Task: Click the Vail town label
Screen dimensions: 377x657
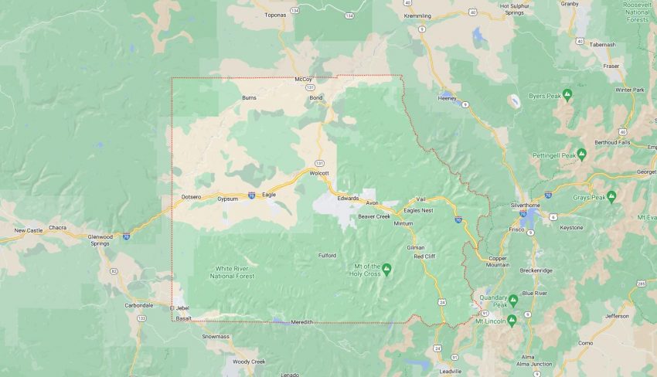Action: pos(421,199)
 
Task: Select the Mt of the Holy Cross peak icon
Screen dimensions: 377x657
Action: pos(387,268)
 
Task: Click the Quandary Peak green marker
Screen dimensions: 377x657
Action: pos(512,299)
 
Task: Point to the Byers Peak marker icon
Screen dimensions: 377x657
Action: pos(567,95)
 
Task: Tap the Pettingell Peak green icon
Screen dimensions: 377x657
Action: pos(581,155)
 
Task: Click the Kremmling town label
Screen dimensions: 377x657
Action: pos(417,15)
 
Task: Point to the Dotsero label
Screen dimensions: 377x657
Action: pos(191,197)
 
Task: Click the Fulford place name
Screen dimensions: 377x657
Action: pos(328,255)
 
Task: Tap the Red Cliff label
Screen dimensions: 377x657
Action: pos(425,256)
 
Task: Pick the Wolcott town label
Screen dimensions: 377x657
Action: pos(319,173)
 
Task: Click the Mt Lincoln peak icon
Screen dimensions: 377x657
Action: pos(511,320)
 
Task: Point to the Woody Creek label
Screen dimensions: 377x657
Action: pos(249,362)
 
